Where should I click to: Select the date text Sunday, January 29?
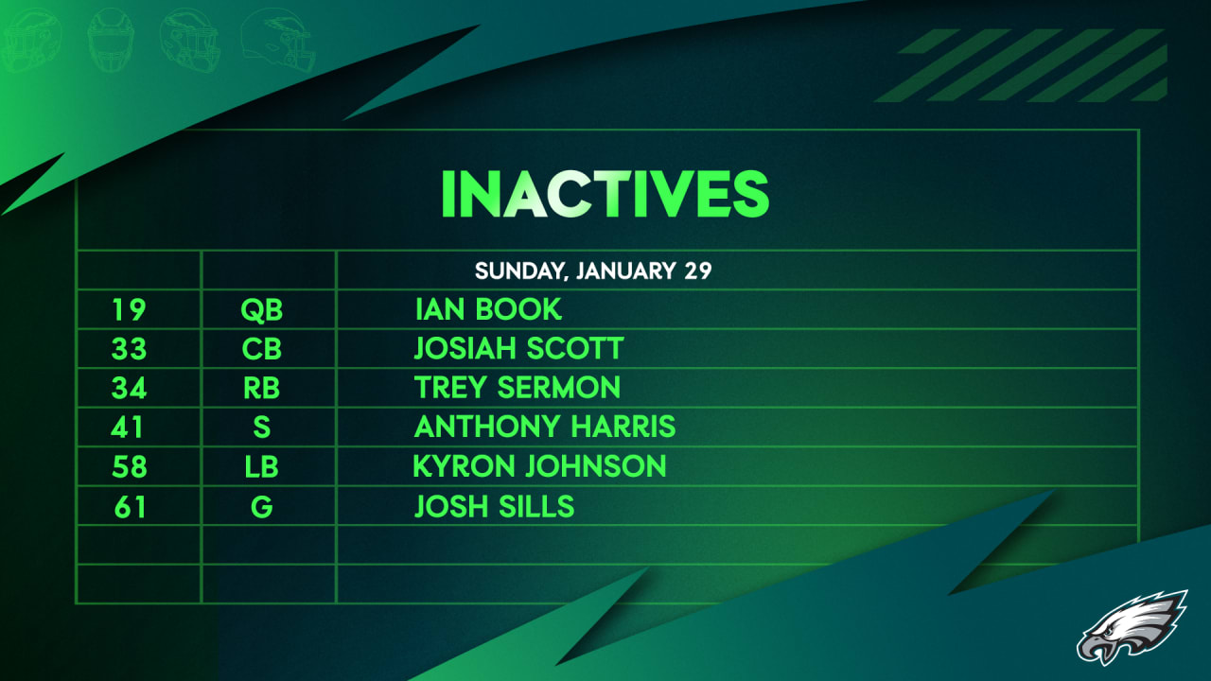click(x=593, y=271)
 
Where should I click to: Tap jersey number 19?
click(x=129, y=309)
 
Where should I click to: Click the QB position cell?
click(x=262, y=309)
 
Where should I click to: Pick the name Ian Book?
click(x=488, y=309)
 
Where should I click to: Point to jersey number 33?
click(x=129, y=349)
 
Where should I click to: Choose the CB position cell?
click(x=262, y=349)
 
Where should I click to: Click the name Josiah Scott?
click(x=518, y=349)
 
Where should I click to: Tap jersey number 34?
click(x=129, y=388)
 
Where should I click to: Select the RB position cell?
click(x=262, y=388)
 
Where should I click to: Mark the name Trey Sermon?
click(x=518, y=388)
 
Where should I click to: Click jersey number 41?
click(x=129, y=428)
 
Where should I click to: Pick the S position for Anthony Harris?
click(x=262, y=428)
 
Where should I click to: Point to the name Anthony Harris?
click(x=545, y=428)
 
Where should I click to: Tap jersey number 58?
click(x=129, y=466)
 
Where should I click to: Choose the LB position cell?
click(x=262, y=466)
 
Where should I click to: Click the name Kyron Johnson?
click(x=540, y=466)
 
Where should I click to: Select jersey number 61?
click(x=129, y=507)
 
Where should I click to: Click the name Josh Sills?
click(x=494, y=507)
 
